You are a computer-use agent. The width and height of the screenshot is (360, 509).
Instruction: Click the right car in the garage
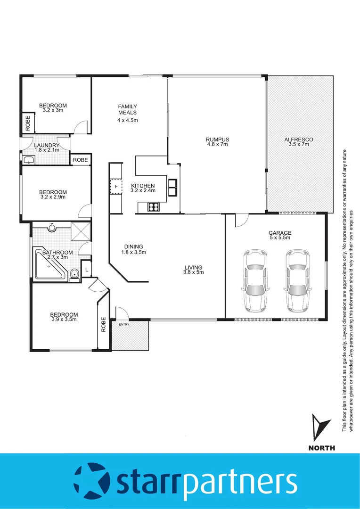[297, 281]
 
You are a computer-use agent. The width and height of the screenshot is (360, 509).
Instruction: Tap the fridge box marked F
[115, 187]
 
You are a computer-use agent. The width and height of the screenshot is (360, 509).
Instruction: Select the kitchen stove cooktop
[154, 206]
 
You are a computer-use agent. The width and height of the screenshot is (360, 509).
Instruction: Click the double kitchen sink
[173, 187]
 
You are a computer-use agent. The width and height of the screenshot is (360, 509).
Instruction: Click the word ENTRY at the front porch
[124, 324]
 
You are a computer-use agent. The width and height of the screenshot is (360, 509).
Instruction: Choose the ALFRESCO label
[298, 140]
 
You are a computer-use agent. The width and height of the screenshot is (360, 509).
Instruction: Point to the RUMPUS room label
[217, 140]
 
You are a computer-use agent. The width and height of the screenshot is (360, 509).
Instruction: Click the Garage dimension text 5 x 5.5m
[279, 238]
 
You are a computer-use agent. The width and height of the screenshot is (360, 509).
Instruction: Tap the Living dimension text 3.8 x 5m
[193, 273]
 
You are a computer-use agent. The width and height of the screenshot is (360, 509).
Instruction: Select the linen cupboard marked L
[87, 270]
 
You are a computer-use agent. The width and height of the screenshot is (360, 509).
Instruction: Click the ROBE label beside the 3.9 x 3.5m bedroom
[104, 324]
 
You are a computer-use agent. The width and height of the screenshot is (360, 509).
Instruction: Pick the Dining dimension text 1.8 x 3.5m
[133, 252]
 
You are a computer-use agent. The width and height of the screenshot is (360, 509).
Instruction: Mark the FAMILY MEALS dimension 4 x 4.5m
[127, 120]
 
